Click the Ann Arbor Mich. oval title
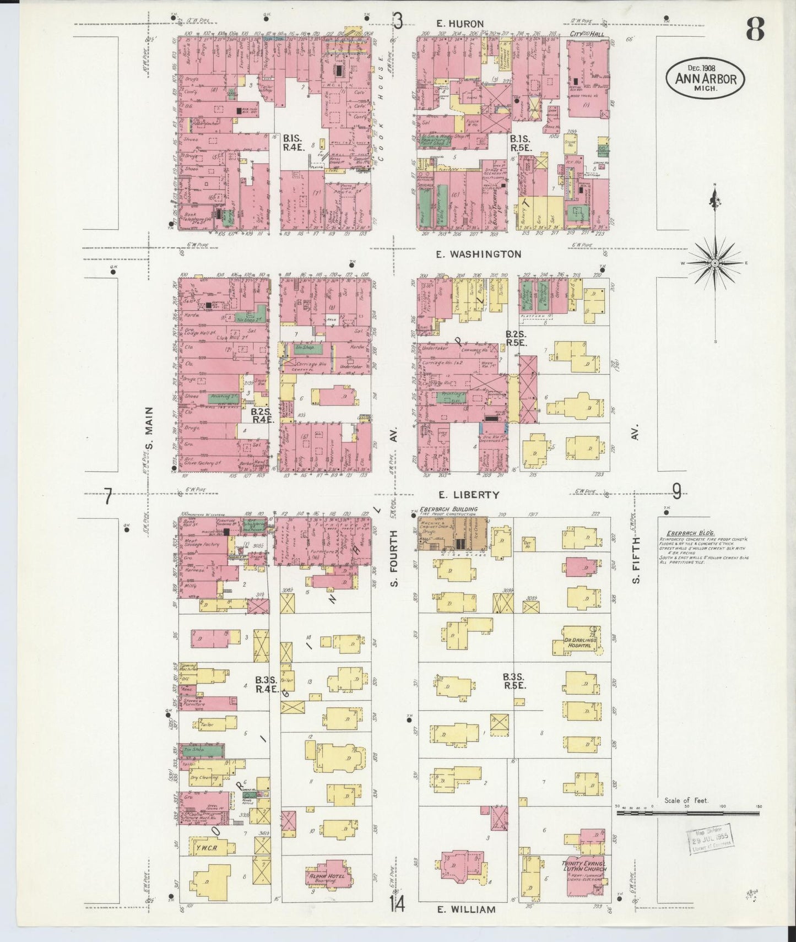click(x=706, y=79)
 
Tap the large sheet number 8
click(x=755, y=29)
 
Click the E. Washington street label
click(x=478, y=254)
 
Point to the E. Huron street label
click(x=459, y=23)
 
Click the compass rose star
click(x=714, y=263)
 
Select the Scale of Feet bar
click(x=689, y=812)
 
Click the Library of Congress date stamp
click(x=711, y=838)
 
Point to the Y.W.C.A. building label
click(x=204, y=848)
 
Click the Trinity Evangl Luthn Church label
click(x=584, y=866)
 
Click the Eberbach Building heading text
click(x=448, y=510)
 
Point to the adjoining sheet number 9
click(x=676, y=491)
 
